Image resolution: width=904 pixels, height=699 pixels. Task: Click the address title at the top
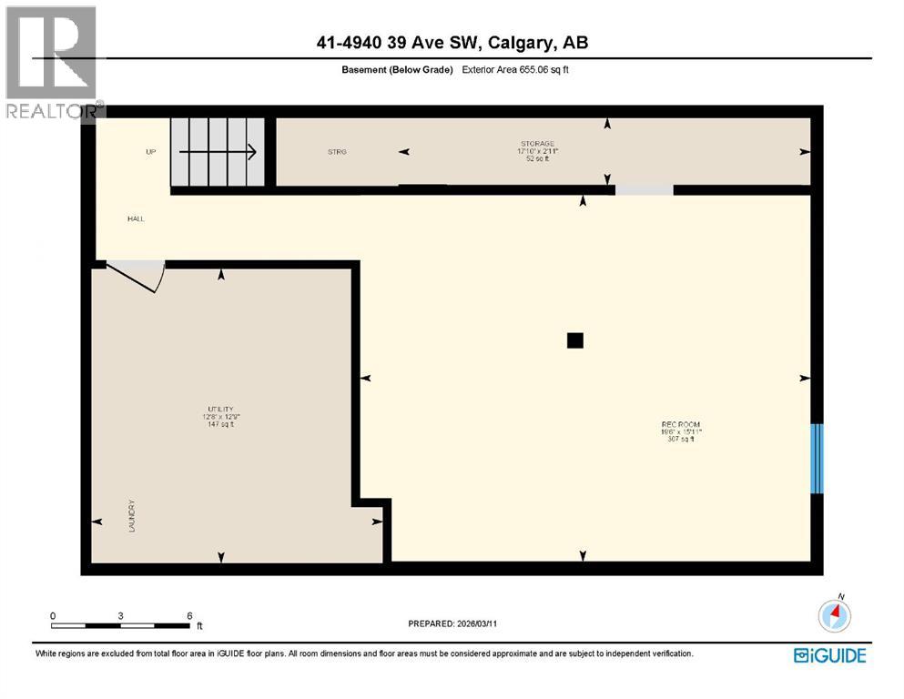pyautogui.click(x=452, y=43)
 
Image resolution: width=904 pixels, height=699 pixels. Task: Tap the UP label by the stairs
pyautogui.click(x=151, y=152)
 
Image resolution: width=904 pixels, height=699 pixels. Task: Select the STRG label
pyautogui.click(x=338, y=152)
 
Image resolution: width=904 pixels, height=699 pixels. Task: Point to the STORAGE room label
pyautogui.click(x=537, y=144)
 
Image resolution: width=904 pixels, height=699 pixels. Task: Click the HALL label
pyautogui.click(x=136, y=218)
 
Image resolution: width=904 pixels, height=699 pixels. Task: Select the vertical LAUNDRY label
pyautogui.click(x=132, y=515)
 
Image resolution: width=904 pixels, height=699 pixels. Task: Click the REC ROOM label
pyautogui.click(x=681, y=424)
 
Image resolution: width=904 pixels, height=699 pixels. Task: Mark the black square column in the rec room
pyautogui.click(x=574, y=340)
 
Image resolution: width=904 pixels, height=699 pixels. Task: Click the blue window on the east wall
pyautogui.click(x=817, y=458)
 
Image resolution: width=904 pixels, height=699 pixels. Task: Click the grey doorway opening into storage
pyautogui.click(x=644, y=189)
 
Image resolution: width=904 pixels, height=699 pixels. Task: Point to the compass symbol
pyautogui.click(x=835, y=615)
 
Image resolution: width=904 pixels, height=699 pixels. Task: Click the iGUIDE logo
pyautogui.click(x=829, y=655)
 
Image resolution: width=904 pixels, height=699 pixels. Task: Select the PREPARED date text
pyautogui.click(x=452, y=623)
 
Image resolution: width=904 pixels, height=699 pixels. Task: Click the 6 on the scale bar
pyautogui.click(x=188, y=615)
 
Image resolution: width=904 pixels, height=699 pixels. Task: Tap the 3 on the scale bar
pyautogui.click(x=120, y=615)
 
